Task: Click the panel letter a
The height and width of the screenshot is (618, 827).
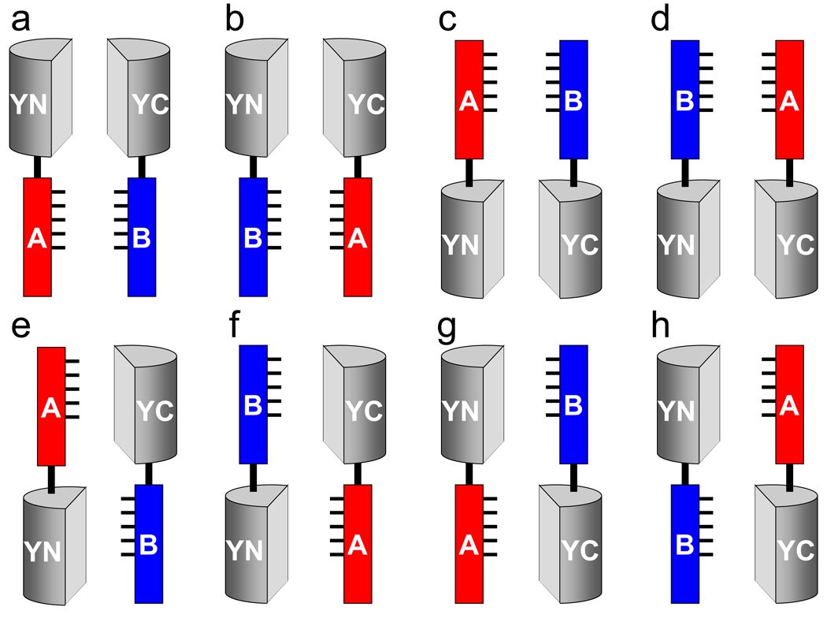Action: click(22, 21)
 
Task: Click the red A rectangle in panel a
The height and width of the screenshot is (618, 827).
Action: click(37, 236)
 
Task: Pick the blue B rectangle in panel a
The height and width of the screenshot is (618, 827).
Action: click(142, 236)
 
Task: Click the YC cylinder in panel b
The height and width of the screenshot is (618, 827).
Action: click(357, 99)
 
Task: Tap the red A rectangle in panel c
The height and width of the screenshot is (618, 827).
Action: click(469, 99)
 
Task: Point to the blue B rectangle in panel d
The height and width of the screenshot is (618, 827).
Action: click(685, 99)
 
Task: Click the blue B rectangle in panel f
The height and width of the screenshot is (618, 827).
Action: click(254, 406)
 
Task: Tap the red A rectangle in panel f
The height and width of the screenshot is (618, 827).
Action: click(357, 544)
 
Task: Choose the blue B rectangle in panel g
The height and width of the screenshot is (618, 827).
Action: click(573, 406)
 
